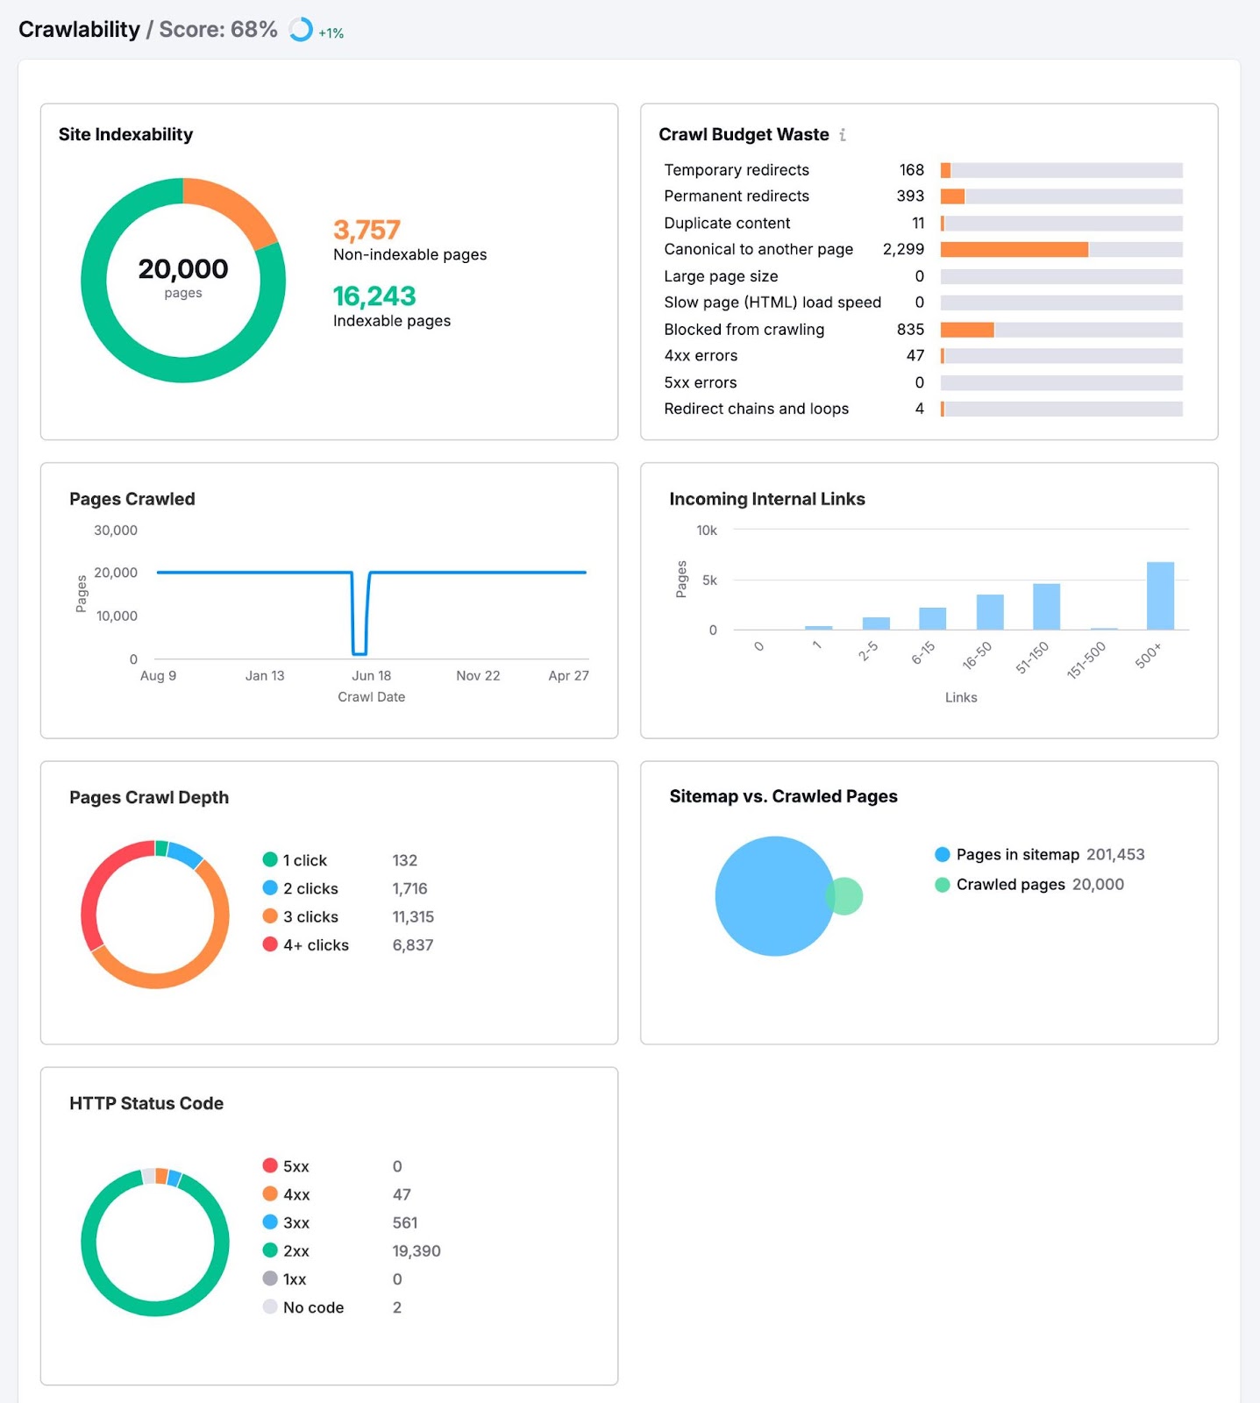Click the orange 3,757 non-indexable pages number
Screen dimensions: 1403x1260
click(x=367, y=230)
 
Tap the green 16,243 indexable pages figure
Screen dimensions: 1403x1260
click(x=374, y=296)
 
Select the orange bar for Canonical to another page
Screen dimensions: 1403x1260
click(x=1014, y=250)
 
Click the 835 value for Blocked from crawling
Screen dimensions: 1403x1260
click(x=909, y=330)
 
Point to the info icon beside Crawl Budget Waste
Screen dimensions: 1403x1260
click(x=843, y=135)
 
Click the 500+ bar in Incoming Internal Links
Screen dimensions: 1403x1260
click(x=1159, y=595)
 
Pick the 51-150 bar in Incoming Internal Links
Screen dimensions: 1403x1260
click(x=1046, y=606)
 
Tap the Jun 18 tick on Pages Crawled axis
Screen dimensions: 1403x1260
click(x=371, y=676)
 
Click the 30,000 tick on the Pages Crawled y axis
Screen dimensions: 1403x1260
click(x=116, y=531)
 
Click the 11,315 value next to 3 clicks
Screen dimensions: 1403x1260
click(x=413, y=917)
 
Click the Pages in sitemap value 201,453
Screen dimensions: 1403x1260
click(x=1115, y=855)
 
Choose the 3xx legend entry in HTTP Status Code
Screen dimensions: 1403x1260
click(x=295, y=1223)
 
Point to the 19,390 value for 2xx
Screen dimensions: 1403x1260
click(x=416, y=1251)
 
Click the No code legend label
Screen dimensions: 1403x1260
click(x=313, y=1308)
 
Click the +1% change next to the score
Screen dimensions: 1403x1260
click(x=331, y=33)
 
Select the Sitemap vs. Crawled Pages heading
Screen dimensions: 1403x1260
click(x=783, y=796)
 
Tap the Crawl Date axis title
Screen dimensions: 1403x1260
click(x=371, y=697)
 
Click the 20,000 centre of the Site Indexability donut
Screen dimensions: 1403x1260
click(x=183, y=269)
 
